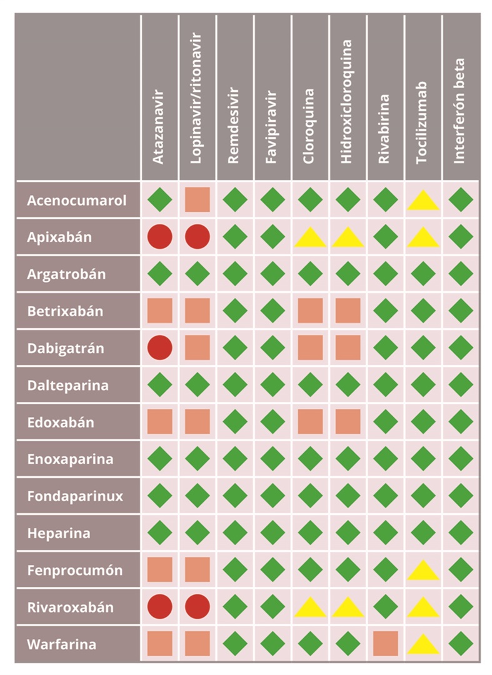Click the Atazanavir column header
click(x=159, y=126)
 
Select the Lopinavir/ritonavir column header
click(x=196, y=104)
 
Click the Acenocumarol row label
click(x=77, y=201)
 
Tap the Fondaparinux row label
click(x=76, y=496)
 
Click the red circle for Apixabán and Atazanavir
click(x=159, y=237)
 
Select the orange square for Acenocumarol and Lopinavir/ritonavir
click(x=197, y=200)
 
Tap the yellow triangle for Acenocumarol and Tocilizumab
click(x=423, y=201)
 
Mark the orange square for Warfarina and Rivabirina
click(x=385, y=643)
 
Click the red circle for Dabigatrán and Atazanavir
click(x=159, y=347)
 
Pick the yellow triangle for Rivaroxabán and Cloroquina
click(x=310, y=607)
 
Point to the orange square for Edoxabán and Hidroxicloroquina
click(x=348, y=421)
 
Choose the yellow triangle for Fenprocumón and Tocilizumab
click(x=423, y=571)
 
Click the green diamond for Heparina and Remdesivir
click(x=234, y=532)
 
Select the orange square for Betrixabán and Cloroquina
click(x=310, y=311)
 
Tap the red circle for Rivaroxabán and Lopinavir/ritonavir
click(x=197, y=606)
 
